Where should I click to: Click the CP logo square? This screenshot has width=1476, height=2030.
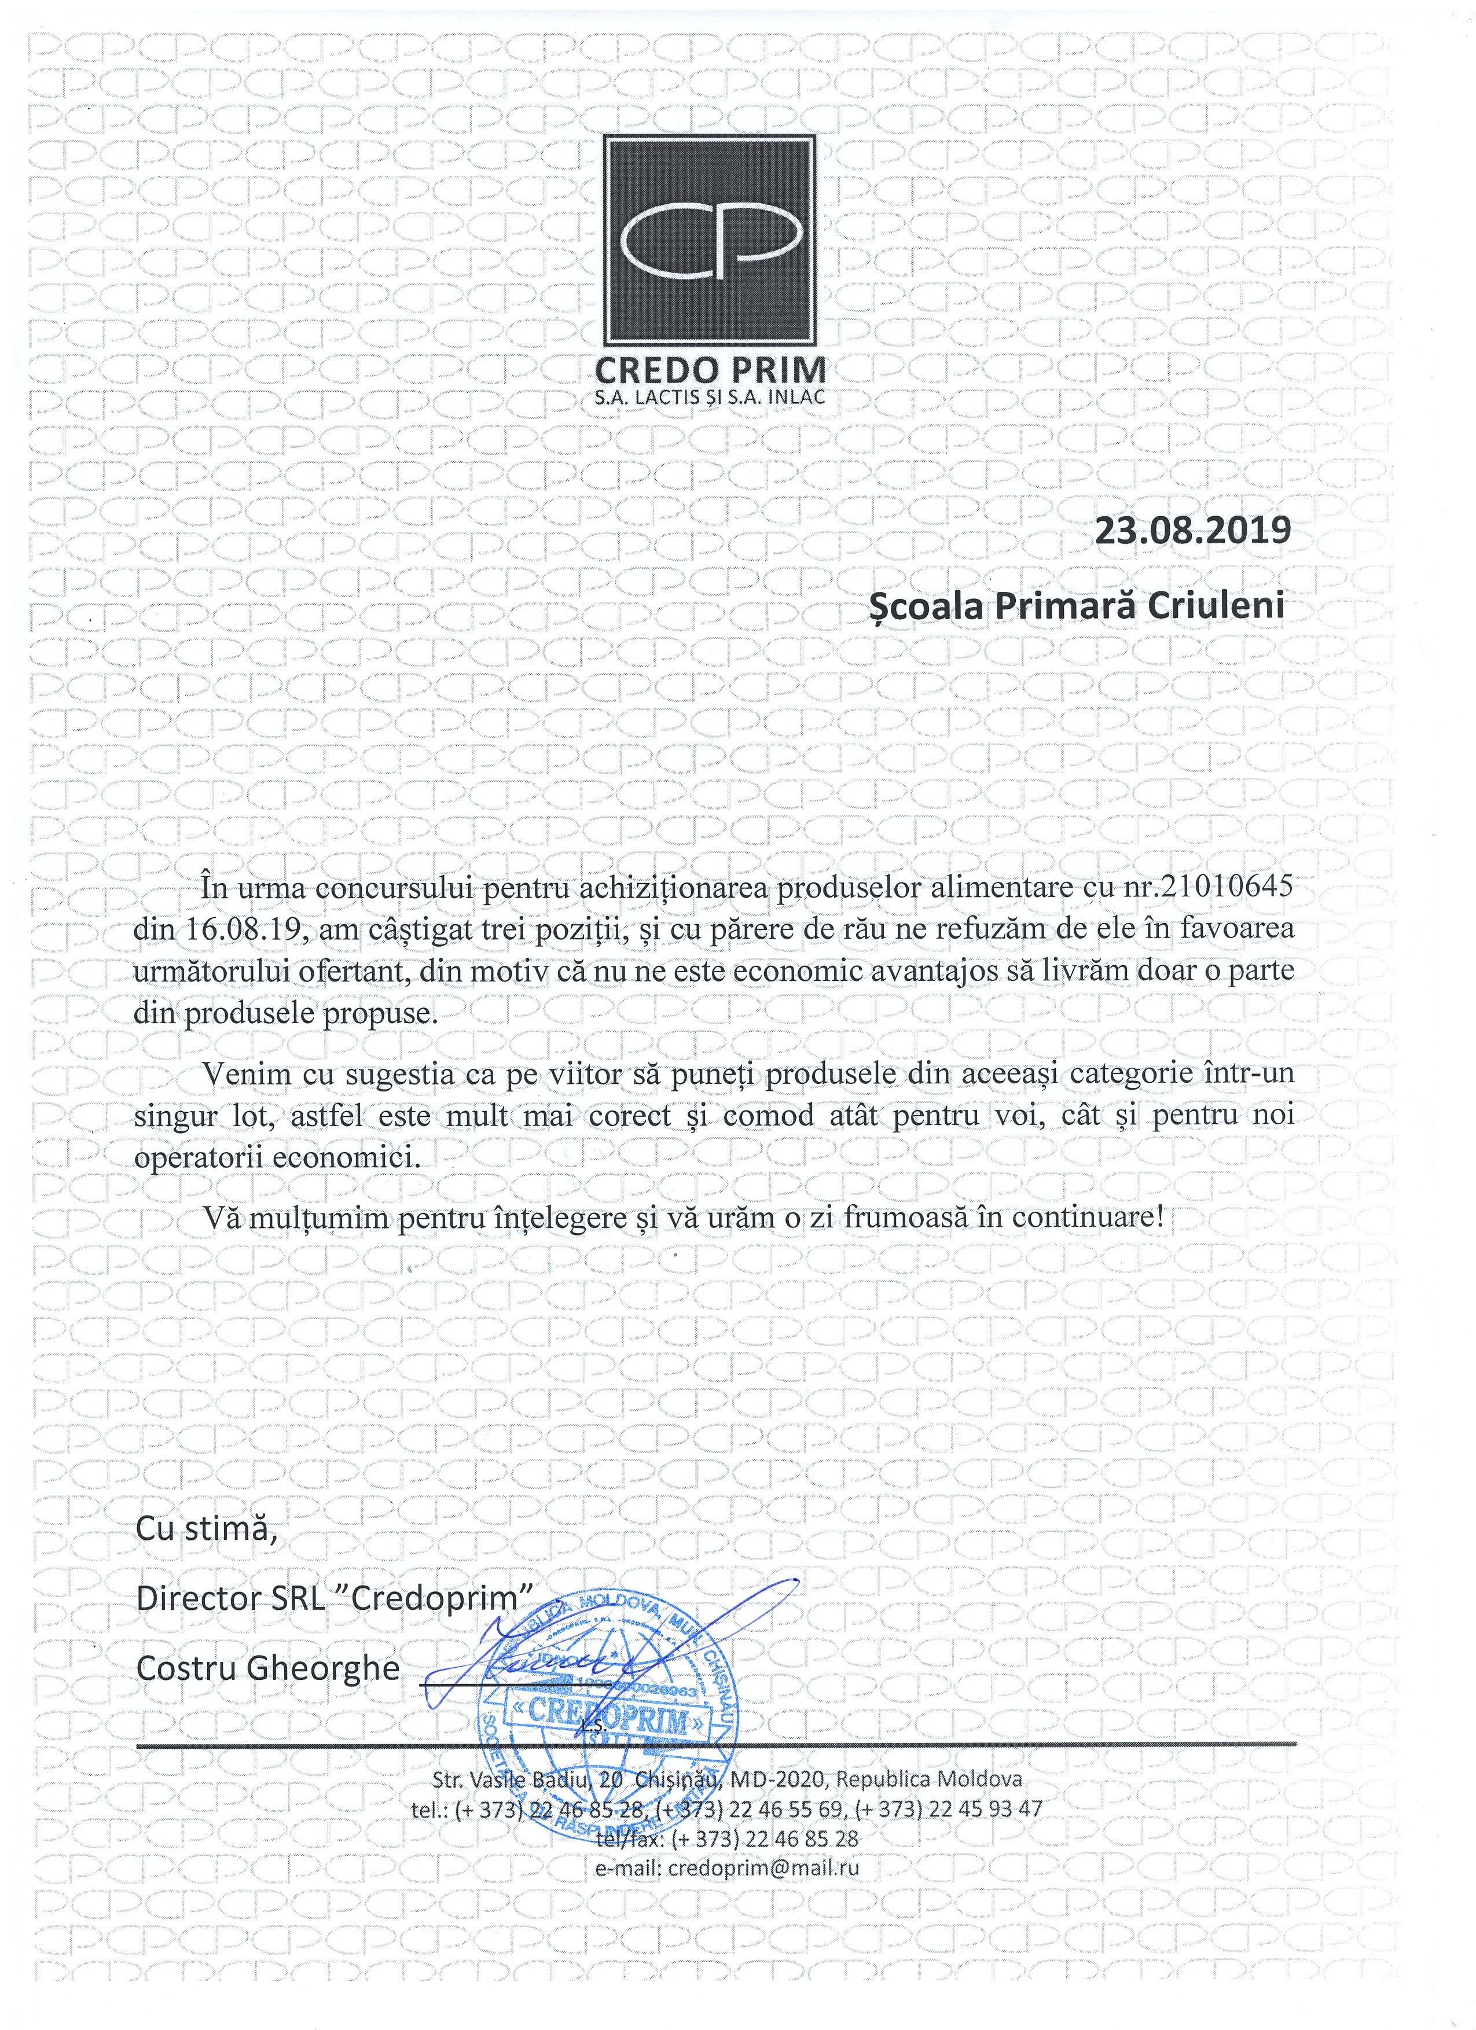[709, 241]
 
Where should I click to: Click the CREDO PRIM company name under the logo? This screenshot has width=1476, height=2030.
[710, 370]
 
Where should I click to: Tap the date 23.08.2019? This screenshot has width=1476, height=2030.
[1193, 530]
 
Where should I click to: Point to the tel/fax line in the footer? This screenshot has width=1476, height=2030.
[727, 1838]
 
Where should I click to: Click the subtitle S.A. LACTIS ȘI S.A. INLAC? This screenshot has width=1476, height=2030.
[709, 398]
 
